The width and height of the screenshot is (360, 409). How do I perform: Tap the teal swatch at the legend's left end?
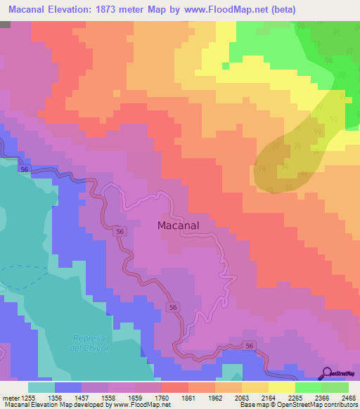coord(41,387)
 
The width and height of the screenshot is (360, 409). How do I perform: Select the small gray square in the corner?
coord(5,24)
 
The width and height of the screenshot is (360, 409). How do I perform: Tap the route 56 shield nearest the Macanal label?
coord(120,231)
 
